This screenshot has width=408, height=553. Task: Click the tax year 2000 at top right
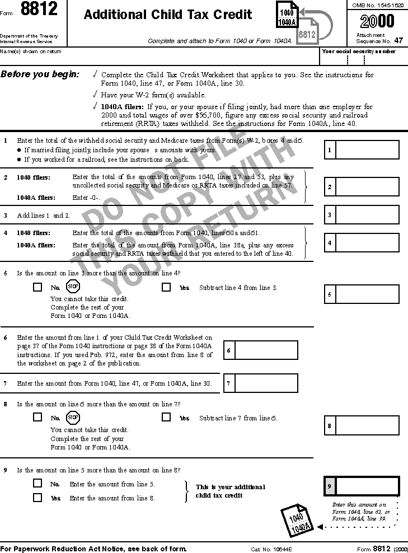[377, 21]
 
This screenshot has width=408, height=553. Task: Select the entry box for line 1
[367, 150]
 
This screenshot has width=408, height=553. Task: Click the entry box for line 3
[367, 215]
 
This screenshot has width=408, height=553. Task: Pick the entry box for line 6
[266, 350]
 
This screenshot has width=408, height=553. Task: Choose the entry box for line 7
[266, 383]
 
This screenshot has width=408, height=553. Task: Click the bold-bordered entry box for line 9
[367, 486]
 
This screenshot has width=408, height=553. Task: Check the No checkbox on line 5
[37, 287]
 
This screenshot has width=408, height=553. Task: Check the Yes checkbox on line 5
[166, 287]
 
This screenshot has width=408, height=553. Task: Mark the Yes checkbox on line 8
[166, 417]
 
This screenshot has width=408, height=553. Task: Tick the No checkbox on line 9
[37, 483]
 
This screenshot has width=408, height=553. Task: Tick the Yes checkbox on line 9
[37, 497]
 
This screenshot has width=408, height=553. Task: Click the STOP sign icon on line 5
[73, 287]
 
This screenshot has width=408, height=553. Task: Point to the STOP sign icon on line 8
[73, 417]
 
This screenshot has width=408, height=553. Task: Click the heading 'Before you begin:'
[40, 74]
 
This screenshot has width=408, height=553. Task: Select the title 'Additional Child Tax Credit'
[168, 15]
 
